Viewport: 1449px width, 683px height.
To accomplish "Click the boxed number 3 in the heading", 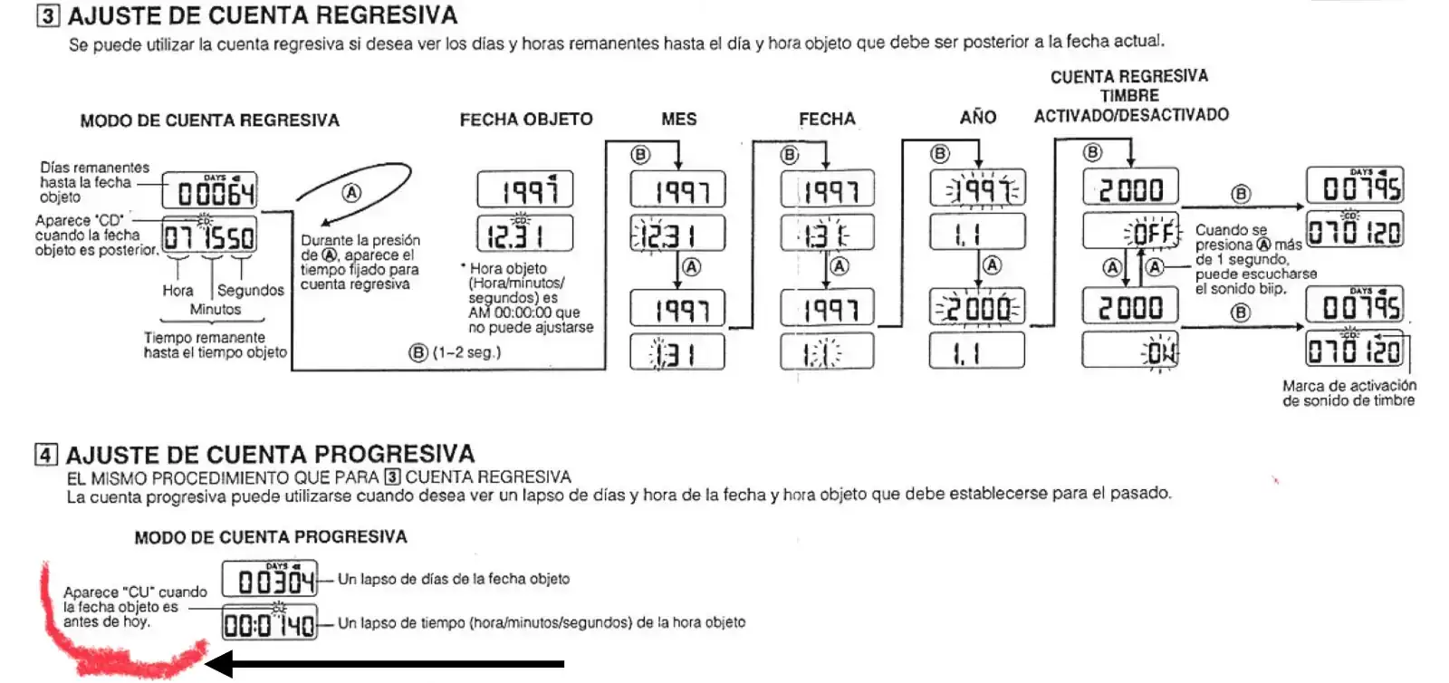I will point(48,15).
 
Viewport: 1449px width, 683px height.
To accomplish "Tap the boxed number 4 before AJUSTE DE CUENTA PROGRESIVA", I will point(46,454).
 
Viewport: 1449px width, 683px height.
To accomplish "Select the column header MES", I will point(678,119).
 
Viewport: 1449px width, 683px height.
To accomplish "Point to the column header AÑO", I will point(978,117).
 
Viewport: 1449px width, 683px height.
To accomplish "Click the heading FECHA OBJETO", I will point(526,119).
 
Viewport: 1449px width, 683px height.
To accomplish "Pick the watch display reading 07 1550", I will point(209,236).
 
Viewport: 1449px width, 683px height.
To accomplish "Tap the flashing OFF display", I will point(1131,233).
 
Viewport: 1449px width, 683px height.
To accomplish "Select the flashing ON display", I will point(1131,351).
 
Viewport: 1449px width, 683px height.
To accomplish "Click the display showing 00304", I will point(270,580).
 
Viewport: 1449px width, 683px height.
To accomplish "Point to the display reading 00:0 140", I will point(270,623).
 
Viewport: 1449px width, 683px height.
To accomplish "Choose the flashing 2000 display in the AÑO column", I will point(977,308).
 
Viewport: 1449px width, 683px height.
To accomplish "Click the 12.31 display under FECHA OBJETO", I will point(524,234).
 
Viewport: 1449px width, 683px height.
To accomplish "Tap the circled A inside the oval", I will point(351,192).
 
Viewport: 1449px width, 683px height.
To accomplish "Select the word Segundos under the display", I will point(251,290).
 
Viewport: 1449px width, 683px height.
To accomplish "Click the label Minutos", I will point(216,309).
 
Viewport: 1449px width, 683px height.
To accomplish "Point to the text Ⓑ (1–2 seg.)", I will point(456,352).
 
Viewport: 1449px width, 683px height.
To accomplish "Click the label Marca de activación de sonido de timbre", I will point(1348,392).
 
